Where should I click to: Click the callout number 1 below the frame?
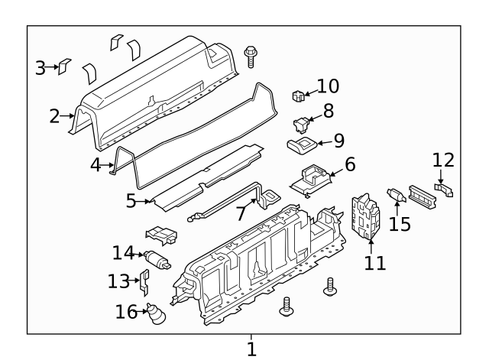click(x=251, y=350)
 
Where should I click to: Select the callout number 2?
click(x=54, y=116)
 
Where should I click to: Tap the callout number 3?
click(x=40, y=68)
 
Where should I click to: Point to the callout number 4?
click(x=95, y=164)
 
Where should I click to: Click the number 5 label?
click(x=131, y=201)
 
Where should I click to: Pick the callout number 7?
click(x=241, y=212)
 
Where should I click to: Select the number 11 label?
click(x=375, y=263)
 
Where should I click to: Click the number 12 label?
click(x=443, y=161)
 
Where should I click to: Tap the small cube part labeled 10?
click(x=298, y=96)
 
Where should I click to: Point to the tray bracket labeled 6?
click(x=313, y=179)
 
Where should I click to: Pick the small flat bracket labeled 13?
click(x=142, y=281)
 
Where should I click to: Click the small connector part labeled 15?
click(x=397, y=197)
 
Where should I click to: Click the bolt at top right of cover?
click(x=250, y=56)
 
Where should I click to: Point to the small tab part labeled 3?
click(x=66, y=66)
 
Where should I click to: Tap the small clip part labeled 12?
click(x=444, y=188)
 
